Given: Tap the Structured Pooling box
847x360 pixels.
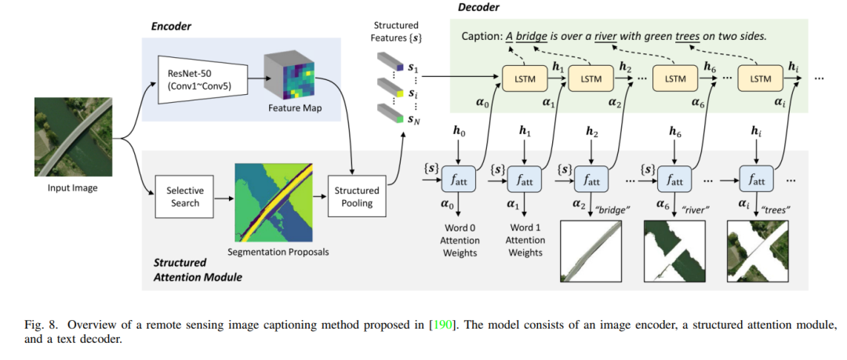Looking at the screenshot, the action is click(357, 198).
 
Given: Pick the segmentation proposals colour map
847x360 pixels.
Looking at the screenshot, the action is click(274, 202).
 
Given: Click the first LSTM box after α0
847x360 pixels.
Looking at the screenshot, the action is click(524, 78).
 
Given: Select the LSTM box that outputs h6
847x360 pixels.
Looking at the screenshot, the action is click(674, 78).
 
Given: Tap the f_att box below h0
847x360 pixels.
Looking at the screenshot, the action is click(458, 178).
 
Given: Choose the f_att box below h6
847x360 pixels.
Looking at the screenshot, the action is click(674, 178).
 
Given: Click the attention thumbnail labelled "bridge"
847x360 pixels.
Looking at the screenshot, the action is click(591, 250).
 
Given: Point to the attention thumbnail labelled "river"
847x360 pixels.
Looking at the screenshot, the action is click(674, 250).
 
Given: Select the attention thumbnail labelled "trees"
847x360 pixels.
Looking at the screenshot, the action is click(758, 250).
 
